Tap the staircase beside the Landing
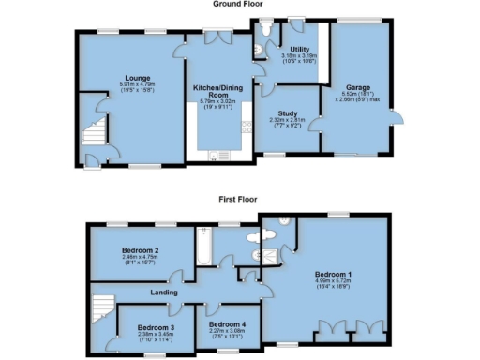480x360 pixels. point(102,307)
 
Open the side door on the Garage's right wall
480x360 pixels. point(400,118)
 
